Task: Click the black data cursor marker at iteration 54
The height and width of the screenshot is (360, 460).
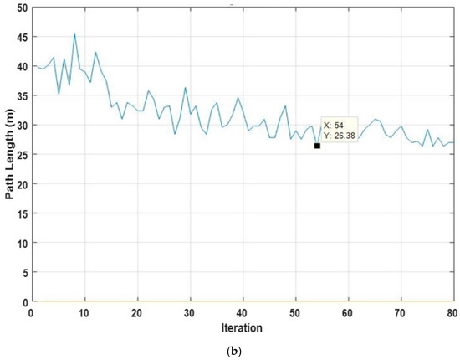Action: pyautogui.click(x=317, y=146)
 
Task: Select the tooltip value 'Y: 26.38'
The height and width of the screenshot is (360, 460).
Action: pyautogui.click(x=340, y=135)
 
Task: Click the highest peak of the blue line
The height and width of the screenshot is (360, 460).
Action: pyautogui.click(x=74, y=35)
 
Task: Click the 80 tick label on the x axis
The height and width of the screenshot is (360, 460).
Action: pyautogui.click(x=452, y=311)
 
